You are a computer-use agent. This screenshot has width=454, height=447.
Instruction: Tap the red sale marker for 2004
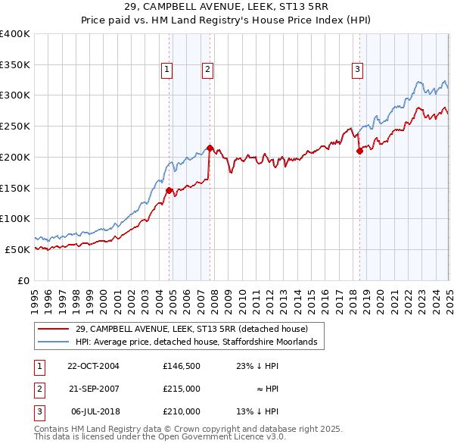click(x=169, y=190)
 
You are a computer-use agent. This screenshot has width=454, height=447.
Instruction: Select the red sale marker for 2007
click(x=210, y=148)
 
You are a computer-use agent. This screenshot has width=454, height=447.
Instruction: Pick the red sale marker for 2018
click(x=359, y=151)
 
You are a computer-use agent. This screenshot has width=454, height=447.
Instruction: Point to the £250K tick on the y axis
click(x=15, y=126)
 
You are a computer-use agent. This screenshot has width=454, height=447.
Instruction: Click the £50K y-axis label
click(x=17, y=249)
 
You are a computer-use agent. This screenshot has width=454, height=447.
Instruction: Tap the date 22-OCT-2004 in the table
click(x=94, y=366)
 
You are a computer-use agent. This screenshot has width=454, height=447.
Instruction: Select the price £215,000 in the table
click(x=182, y=389)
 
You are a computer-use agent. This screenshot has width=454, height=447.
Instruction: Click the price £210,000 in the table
click(x=182, y=411)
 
